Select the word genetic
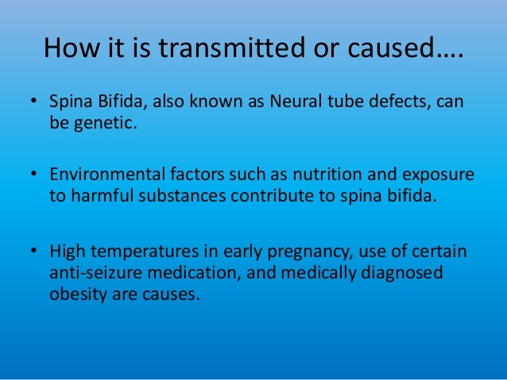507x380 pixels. click(99, 125)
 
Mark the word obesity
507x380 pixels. click(76, 293)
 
